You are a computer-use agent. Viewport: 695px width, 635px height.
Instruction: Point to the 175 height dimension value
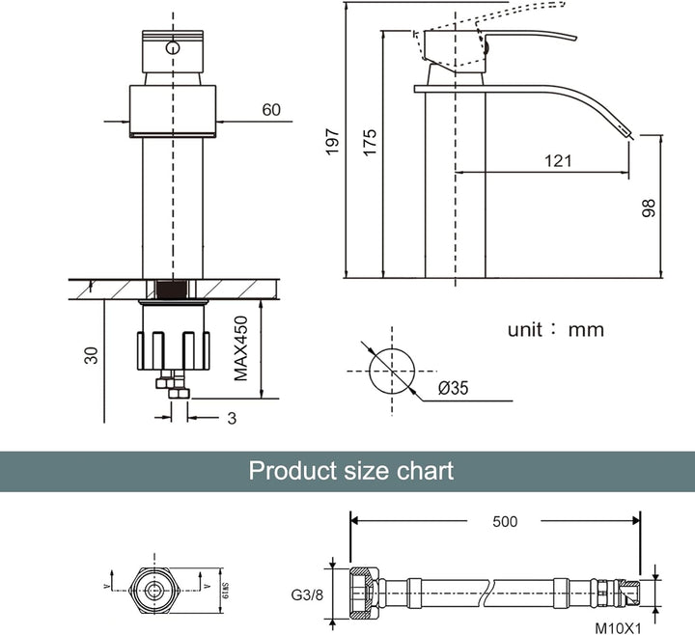369,141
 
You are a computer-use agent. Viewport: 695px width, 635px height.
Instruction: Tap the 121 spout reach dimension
557,160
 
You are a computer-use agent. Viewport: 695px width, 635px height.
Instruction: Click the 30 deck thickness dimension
91,354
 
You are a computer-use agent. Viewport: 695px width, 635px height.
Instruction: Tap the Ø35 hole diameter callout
454,389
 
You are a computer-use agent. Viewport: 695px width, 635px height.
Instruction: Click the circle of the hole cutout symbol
391,368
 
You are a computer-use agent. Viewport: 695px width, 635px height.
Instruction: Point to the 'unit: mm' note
556,330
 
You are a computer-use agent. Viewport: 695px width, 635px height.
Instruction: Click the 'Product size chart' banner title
350,471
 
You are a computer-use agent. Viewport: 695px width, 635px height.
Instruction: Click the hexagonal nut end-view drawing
157,586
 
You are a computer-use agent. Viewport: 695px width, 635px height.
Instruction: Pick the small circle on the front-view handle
172,47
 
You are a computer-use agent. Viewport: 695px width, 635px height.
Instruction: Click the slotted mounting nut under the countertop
175,348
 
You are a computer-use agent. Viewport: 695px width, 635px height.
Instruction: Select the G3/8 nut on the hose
364,586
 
